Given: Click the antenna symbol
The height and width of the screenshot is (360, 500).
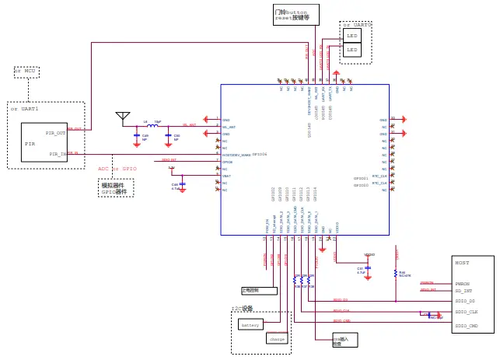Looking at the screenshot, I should pos(123,117).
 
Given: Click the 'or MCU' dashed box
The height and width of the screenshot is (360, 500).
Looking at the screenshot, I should pos(26,72).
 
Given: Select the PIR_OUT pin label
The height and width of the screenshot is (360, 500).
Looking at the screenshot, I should pos(55,133).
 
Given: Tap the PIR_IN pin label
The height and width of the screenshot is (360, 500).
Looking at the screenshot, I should pos(58,154).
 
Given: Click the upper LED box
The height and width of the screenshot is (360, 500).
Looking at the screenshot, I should pos(352,36).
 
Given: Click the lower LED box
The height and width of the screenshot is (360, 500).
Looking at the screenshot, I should pos(352,50).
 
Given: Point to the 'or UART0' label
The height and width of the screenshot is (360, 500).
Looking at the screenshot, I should pos(357,25).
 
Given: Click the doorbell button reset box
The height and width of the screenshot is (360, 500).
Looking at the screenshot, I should pos(295,16).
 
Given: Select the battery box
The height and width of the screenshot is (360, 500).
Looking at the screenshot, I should pos(250,325).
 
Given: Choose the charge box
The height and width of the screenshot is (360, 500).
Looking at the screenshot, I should pos(277,338).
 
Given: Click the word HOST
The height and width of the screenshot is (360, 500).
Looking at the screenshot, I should pos(462,263).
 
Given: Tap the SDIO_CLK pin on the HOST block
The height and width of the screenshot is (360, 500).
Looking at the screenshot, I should pos(467,313).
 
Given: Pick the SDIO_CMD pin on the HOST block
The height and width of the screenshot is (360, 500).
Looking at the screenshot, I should pos(467,326).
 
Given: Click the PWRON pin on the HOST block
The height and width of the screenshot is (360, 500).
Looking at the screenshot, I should pos(462,284).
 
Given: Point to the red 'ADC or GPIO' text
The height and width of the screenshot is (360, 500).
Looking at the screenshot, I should pos(117,169).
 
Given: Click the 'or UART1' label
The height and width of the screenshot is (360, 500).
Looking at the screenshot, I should pos(24,109).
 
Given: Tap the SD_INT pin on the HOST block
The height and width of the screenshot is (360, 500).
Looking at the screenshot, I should pos(463,291).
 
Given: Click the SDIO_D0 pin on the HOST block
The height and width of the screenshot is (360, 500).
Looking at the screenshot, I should pos(465,301).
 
